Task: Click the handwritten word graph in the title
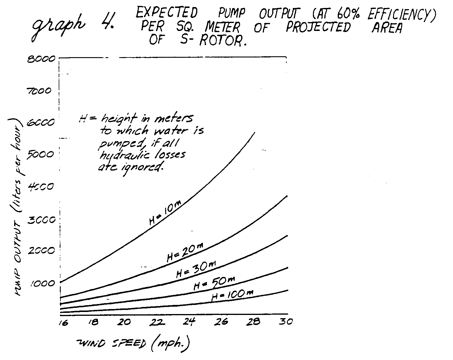[x=59, y=28]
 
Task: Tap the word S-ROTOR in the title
[x=212, y=40]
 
